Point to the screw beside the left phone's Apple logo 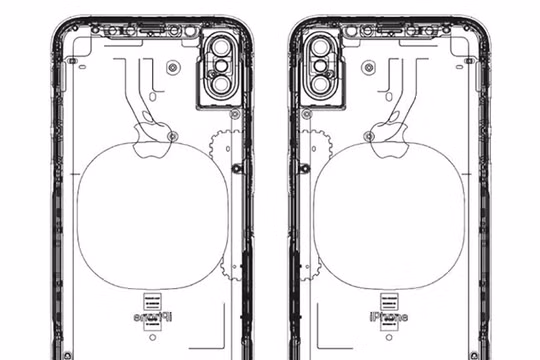click(x=172, y=133)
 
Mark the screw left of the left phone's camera click(x=172, y=68)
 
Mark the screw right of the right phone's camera click(x=369, y=68)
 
